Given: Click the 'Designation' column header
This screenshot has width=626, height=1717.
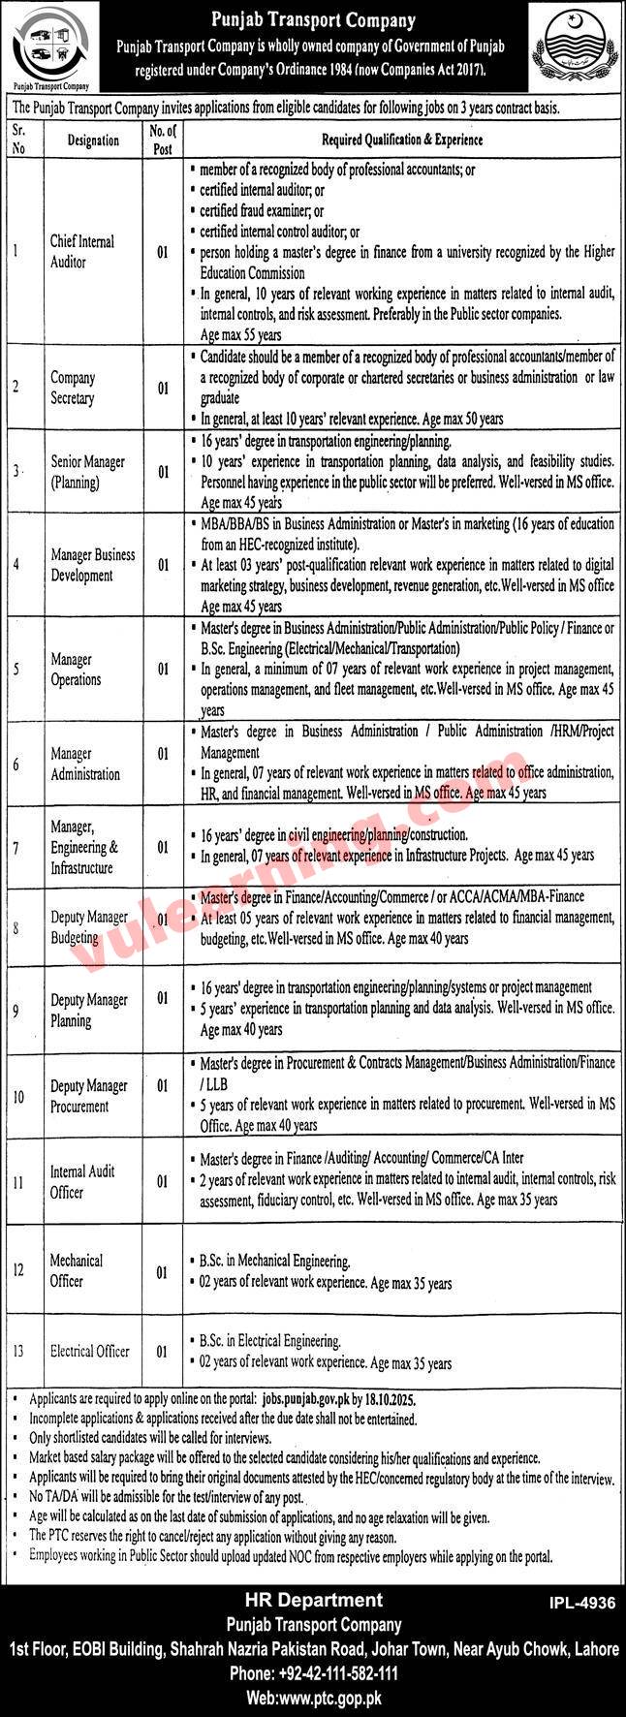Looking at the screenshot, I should [x=93, y=140].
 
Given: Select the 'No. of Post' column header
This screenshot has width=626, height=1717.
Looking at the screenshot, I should [x=162, y=140].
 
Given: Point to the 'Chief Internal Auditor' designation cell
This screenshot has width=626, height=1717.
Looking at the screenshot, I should [x=82, y=251].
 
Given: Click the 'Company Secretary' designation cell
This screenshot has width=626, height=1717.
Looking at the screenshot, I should [x=73, y=388].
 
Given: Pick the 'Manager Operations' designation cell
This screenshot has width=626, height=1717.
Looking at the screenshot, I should [x=76, y=669].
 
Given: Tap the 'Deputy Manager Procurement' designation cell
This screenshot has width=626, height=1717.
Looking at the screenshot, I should [x=89, y=1096].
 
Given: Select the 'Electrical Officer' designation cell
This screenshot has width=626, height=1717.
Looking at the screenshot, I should [x=89, y=1351].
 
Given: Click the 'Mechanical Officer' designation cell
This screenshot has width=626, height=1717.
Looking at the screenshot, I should [x=77, y=1270].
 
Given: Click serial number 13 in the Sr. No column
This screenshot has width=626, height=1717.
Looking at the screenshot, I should [x=20, y=1351].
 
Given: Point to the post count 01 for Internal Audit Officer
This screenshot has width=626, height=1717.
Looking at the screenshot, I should [x=162, y=1182].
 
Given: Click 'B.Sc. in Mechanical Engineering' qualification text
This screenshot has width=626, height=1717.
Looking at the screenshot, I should [x=274, y=1262].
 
